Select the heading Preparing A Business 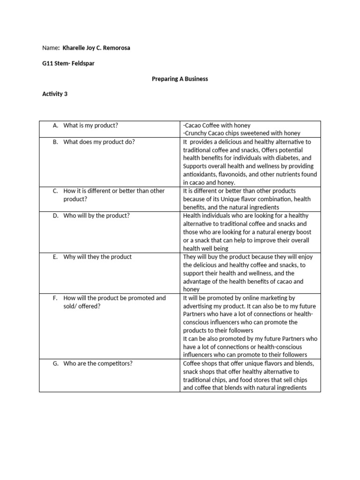(x=180, y=79)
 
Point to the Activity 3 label (x=55, y=94)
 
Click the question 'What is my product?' (x=90, y=126)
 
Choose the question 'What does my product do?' (x=99, y=142)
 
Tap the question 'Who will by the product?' (x=97, y=216)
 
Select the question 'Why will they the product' (x=97, y=257)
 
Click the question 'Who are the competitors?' (x=98, y=363)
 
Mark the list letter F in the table (x=55, y=298)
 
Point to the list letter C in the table (x=55, y=191)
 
